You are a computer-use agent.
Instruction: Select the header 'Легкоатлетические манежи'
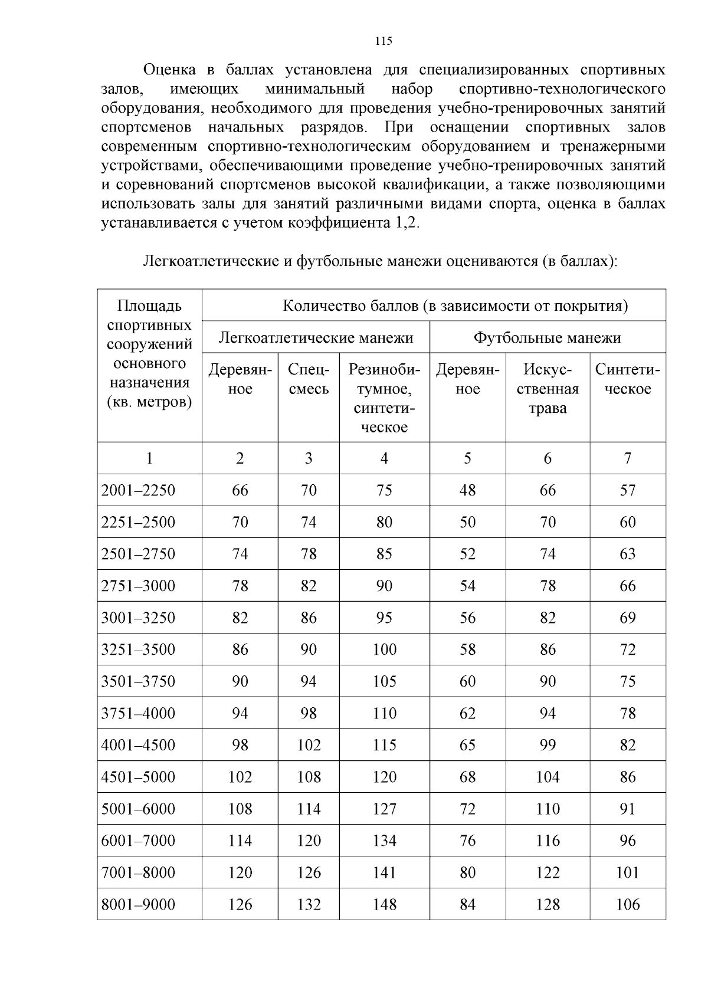(316, 338)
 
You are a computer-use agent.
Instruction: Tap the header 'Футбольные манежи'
(547, 338)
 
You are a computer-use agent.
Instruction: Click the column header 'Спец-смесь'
(309, 379)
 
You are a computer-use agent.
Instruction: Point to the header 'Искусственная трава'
(547, 389)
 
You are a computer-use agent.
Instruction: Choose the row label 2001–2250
(139, 490)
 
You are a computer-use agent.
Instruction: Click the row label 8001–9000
(139, 904)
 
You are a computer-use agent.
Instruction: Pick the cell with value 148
(384, 904)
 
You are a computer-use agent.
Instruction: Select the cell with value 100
(384, 649)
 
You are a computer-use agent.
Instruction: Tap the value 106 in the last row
(627, 904)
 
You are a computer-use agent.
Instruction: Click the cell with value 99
(547, 745)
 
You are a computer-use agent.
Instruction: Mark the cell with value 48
(467, 490)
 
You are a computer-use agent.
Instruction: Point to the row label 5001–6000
(139, 809)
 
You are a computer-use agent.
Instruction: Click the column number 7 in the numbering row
(627, 458)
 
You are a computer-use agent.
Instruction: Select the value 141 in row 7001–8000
(384, 872)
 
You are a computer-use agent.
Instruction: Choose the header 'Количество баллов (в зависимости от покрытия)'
(455, 306)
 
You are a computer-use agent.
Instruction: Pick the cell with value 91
(627, 809)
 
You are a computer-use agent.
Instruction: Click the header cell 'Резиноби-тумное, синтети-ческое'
(384, 398)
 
